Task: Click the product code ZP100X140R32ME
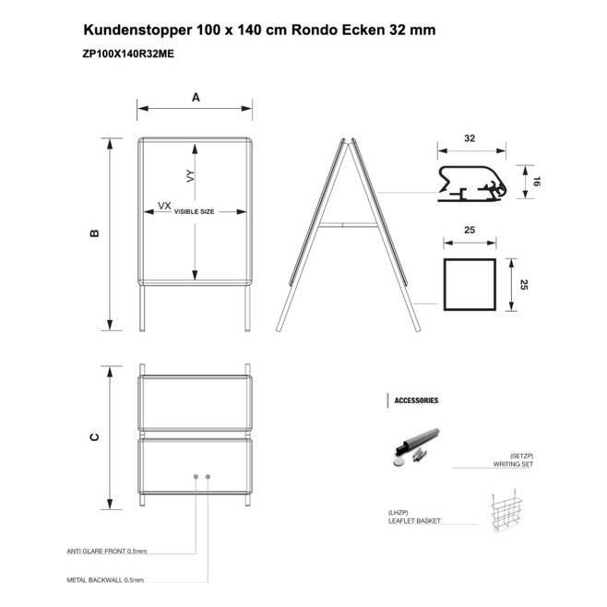point(128,54)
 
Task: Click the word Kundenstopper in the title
point(137,30)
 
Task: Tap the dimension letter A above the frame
point(196,97)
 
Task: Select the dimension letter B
point(94,233)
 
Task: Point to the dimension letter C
point(94,437)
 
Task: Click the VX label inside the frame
point(164,206)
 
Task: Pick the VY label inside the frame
point(190,176)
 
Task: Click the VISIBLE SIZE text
point(194,212)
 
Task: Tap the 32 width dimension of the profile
point(470,138)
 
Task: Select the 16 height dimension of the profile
point(536,181)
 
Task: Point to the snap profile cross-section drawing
point(471,184)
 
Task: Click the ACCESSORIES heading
point(416,400)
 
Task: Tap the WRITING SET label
point(513,464)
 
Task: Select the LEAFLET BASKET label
point(414,520)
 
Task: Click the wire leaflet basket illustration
point(506,513)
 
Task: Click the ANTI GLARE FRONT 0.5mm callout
point(107,551)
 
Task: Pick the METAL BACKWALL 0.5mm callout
point(105,580)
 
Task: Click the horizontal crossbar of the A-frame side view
point(348,224)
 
